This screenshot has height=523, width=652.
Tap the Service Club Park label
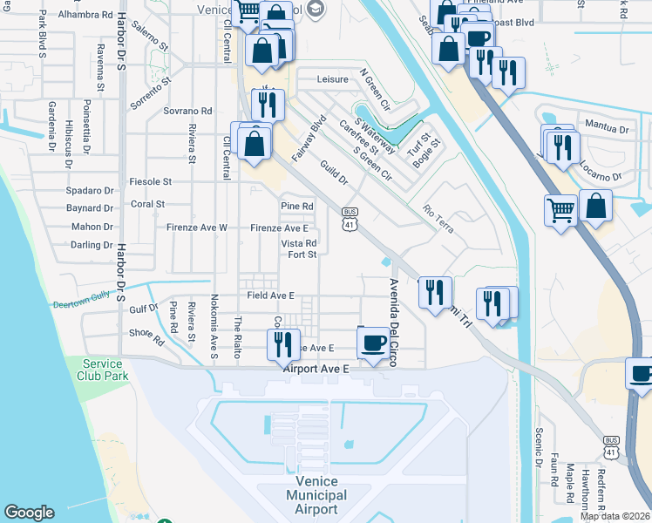point(105,370)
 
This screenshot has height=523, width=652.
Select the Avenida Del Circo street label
point(393,322)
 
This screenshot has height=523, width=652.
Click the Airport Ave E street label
point(316,370)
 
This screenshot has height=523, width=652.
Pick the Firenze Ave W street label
point(200,228)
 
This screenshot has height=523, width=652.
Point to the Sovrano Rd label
point(187,112)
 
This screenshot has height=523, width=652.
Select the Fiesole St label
point(150,182)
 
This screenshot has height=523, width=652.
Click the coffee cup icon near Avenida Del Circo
point(373,343)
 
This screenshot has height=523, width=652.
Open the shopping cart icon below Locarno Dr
point(560,208)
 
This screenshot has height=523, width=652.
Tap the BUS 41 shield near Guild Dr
point(350,219)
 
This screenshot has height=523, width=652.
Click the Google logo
point(30,513)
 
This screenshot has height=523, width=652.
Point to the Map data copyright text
point(615,516)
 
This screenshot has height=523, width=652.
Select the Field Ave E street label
point(271,295)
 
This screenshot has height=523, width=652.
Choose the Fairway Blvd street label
point(309,138)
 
